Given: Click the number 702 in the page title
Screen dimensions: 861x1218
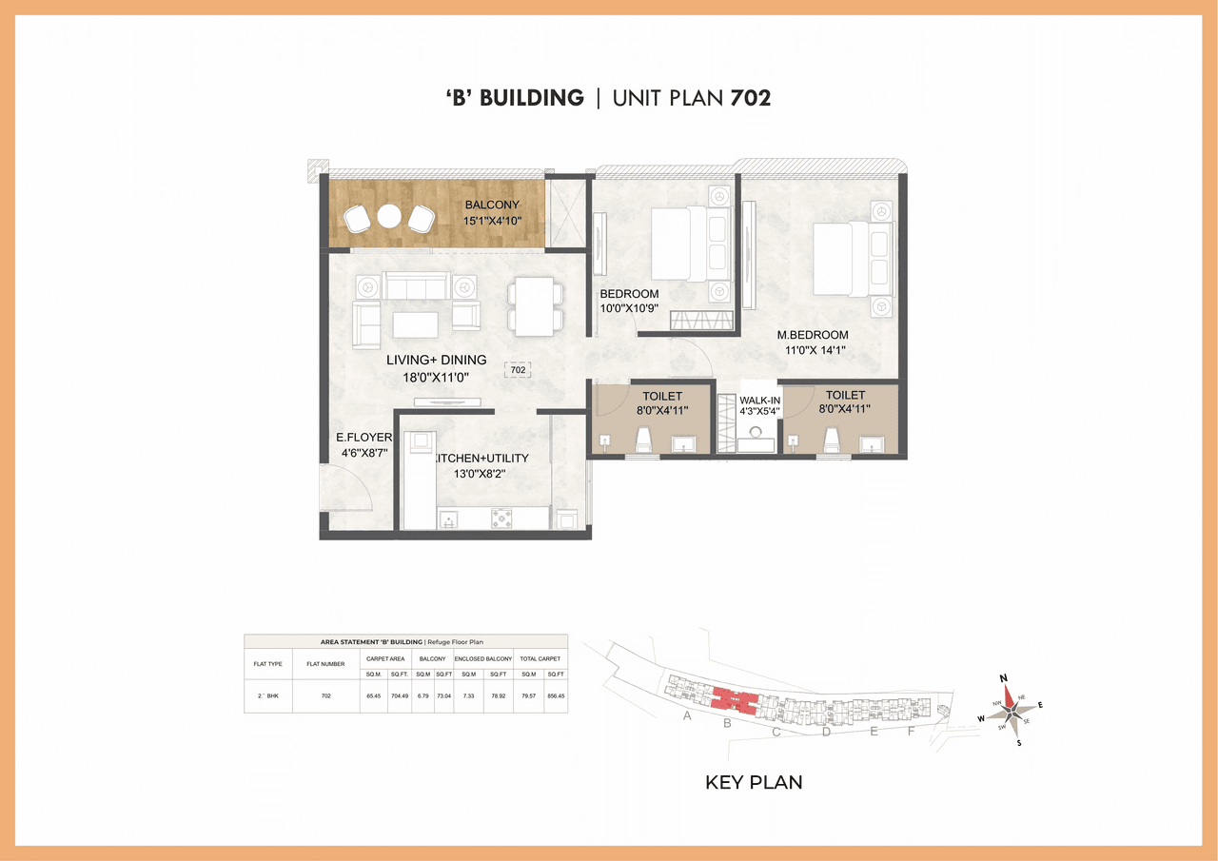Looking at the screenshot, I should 750,97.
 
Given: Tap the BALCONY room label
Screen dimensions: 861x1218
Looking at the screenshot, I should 491,205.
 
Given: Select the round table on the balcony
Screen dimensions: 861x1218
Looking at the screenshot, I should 387,217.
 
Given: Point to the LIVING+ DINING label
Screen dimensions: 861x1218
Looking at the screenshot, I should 436,361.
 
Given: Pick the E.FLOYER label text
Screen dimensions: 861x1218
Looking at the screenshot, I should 363,438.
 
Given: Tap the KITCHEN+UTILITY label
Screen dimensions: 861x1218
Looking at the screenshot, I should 482,458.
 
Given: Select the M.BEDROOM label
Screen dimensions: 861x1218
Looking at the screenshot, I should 812,335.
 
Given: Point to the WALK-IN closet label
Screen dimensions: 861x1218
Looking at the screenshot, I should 759,401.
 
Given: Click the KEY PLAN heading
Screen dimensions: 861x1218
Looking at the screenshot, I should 753,783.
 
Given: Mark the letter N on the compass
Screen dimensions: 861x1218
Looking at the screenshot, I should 1003,677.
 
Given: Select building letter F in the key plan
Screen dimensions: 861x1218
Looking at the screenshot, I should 911,731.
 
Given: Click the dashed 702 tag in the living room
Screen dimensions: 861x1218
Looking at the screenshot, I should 518,369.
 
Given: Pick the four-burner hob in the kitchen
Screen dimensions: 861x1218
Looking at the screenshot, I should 501,519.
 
